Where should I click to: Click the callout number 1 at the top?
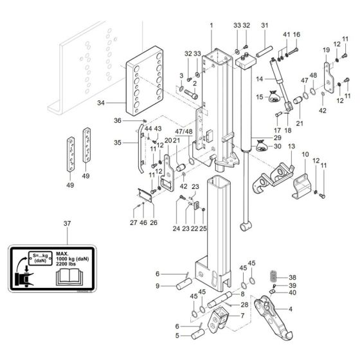pyautogui.click(x=211, y=24)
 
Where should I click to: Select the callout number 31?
pyautogui.click(x=264, y=25)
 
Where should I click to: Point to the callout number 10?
pyautogui.click(x=306, y=155)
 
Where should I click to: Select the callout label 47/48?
pyautogui.click(x=185, y=132)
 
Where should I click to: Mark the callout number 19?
pyautogui.click(x=325, y=50)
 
